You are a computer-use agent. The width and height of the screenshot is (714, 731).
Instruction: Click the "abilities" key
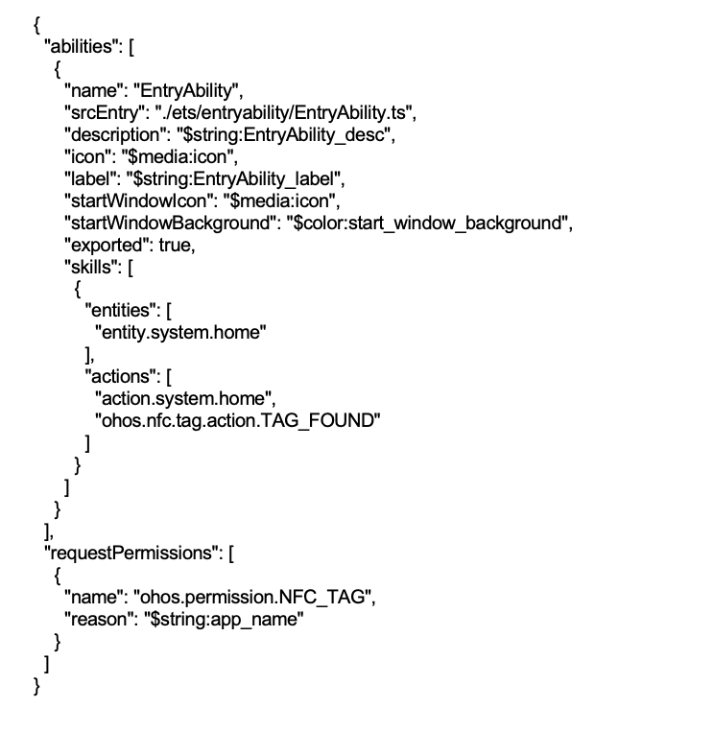pos(81,47)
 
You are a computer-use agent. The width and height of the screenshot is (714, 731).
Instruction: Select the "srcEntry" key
pos(103,113)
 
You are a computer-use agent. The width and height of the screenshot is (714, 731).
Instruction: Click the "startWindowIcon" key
pos(138,200)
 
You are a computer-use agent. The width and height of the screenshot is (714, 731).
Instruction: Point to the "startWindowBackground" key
pos(170,224)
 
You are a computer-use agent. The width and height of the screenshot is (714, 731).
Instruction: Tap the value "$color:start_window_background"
pos(427,224)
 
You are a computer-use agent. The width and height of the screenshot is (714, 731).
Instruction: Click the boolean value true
pos(175,246)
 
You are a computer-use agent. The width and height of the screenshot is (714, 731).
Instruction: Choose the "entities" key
pos(123,311)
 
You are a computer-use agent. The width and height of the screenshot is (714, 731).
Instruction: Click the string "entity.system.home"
pos(181,332)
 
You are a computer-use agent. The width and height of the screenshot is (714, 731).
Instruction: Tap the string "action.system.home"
pos(183,399)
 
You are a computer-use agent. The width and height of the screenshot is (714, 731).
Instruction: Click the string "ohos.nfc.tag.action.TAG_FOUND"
pos(238,420)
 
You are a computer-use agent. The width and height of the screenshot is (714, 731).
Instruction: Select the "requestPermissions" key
pos(132,553)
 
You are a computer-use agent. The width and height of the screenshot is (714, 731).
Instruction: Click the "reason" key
pos(99,620)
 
